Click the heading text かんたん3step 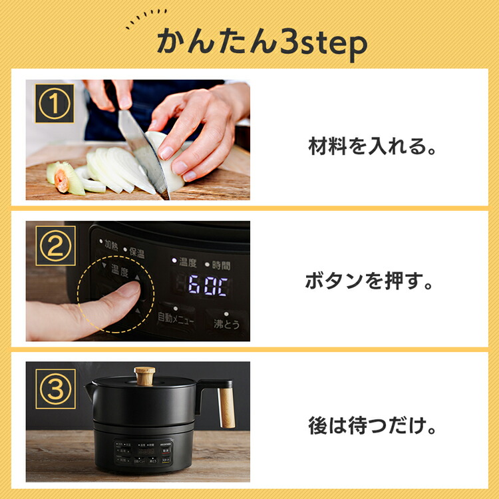click(261, 43)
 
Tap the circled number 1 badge click(55, 103)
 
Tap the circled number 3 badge click(55, 389)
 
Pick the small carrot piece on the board click(63, 180)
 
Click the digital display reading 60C click(208, 287)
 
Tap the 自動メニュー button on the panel click(176, 320)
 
